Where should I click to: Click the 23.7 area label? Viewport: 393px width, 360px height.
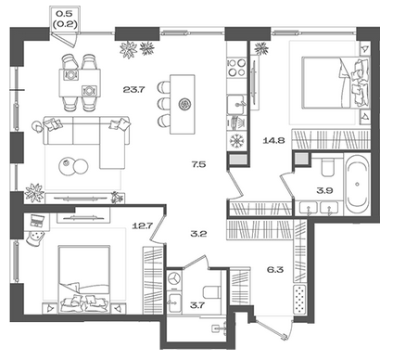(133, 90)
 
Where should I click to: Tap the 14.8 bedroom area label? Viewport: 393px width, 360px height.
(273, 141)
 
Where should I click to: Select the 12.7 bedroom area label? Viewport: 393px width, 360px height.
(143, 225)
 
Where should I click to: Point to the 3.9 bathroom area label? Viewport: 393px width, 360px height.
(324, 190)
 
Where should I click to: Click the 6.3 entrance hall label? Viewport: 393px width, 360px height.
(275, 270)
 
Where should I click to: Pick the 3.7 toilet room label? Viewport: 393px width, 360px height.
(197, 305)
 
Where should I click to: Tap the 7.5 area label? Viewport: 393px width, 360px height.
(198, 164)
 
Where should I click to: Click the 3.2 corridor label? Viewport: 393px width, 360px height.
(199, 234)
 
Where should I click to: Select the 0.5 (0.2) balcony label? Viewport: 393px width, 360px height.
(65, 19)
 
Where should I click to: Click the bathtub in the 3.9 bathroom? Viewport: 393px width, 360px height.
(358, 185)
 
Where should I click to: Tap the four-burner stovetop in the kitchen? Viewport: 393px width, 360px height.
(237, 68)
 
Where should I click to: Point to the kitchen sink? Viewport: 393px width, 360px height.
(236, 105)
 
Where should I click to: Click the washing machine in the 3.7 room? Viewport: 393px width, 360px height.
(174, 278)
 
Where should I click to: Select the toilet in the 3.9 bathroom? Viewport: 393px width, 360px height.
(327, 167)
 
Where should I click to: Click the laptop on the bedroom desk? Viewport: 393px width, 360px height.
(37, 220)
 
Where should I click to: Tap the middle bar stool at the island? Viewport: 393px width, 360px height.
(164, 104)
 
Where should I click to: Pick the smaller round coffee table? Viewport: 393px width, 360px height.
(66, 164)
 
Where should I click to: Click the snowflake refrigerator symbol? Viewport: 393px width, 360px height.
(237, 141)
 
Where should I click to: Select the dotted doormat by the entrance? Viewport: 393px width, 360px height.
(299, 300)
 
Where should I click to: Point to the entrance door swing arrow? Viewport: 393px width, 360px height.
(272, 329)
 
